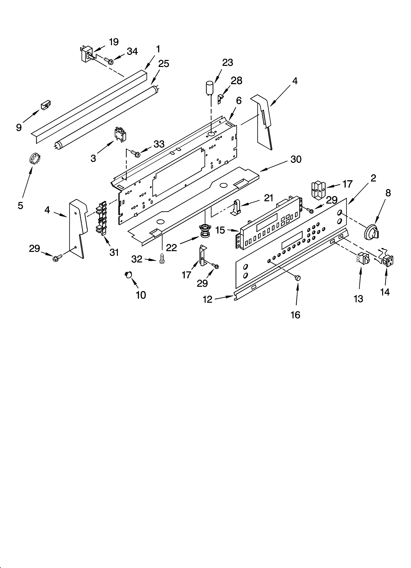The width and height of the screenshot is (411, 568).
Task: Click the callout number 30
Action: pyautogui.click(x=296, y=159)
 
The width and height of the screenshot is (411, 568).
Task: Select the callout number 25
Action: pyautogui.click(x=164, y=64)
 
